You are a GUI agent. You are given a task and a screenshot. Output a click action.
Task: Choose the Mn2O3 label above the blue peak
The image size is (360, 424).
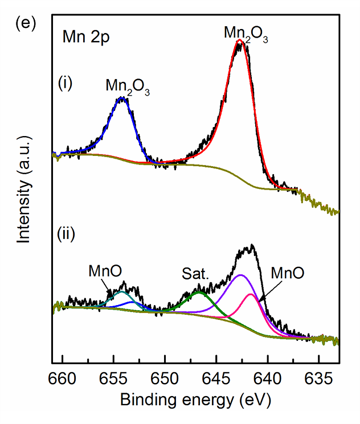tap(128, 87)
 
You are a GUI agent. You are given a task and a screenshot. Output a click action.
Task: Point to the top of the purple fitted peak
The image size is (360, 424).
tap(241, 275)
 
